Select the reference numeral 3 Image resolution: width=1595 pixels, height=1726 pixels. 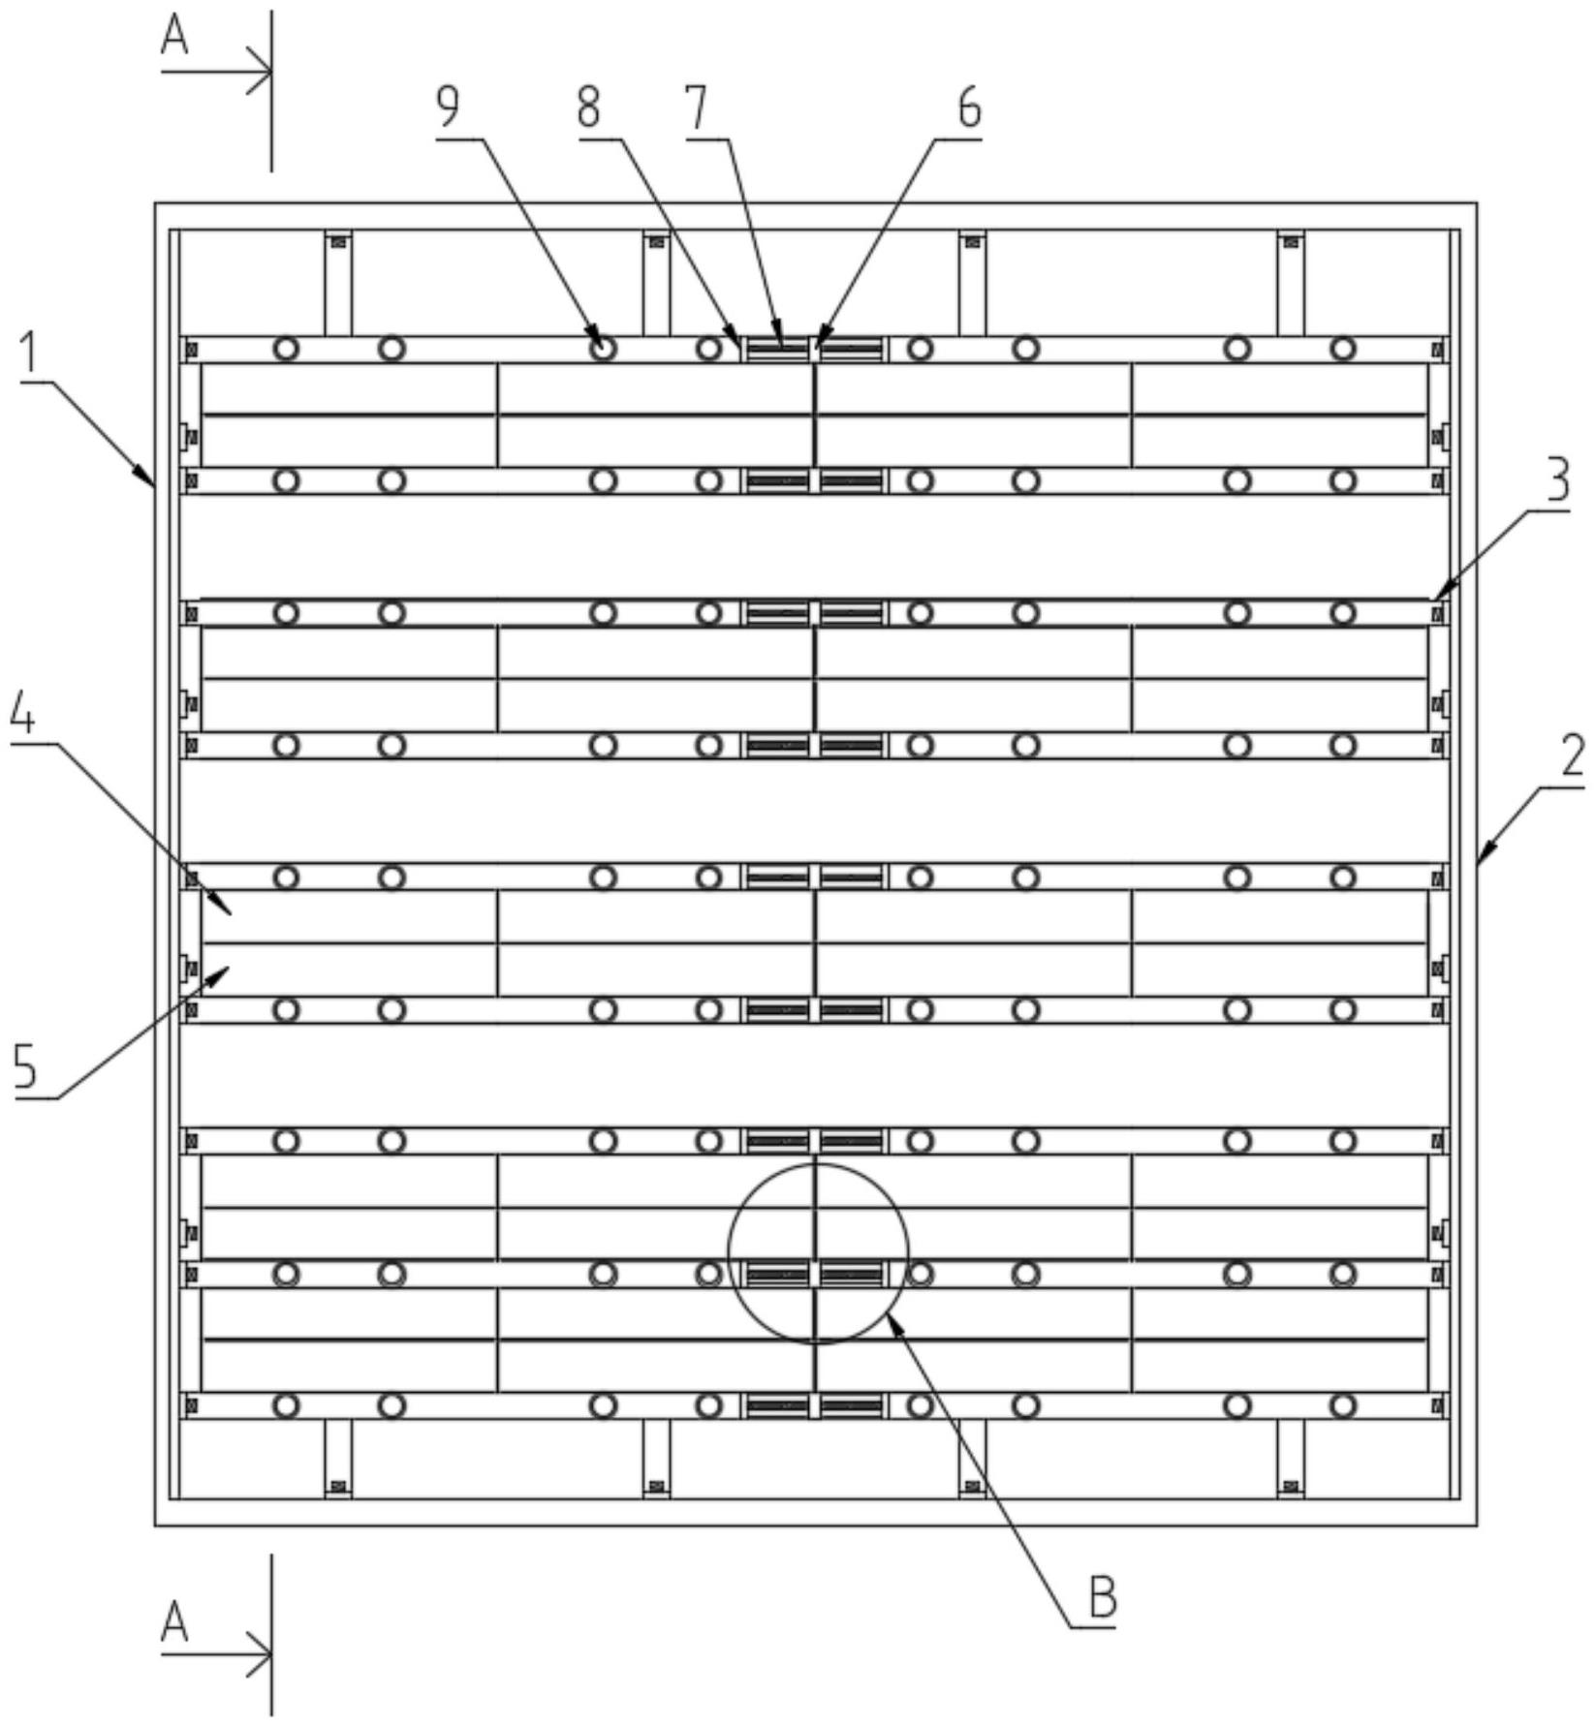pos(1557,480)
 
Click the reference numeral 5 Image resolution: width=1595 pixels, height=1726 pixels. pos(25,1066)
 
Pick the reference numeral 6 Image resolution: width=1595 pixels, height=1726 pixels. pos(969,108)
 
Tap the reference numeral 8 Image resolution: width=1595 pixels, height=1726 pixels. pos(588,108)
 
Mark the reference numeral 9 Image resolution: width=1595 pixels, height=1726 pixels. pos(448,108)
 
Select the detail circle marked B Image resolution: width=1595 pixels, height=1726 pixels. pos(818,1253)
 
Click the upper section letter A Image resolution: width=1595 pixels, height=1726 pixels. pos(174,38)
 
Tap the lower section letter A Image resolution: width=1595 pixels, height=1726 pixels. pos(174,1621)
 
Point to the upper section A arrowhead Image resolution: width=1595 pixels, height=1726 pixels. pos(262,72)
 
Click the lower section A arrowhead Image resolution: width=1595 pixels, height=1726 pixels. pos(262,1653)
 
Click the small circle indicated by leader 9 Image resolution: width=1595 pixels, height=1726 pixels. pos(603,348)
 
